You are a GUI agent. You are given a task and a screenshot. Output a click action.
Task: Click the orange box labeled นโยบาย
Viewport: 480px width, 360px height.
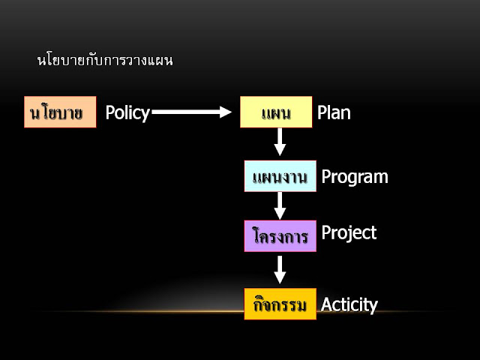[x=60, y=112]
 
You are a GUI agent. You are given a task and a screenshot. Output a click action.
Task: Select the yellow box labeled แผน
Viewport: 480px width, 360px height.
[x=276, y=112]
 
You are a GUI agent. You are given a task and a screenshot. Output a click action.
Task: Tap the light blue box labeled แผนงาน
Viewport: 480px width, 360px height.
[x=280, y=176]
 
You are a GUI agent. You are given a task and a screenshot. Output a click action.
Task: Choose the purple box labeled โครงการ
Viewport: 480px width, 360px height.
[x=280, y=235]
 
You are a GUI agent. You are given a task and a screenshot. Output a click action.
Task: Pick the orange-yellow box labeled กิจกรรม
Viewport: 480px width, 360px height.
[x=280, y=304]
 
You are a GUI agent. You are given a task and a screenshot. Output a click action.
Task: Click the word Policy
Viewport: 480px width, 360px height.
[x=127, y=112]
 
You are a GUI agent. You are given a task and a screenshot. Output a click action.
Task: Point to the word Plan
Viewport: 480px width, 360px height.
[x=334, y=112]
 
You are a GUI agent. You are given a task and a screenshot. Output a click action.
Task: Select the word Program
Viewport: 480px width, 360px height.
[x=355, y=177]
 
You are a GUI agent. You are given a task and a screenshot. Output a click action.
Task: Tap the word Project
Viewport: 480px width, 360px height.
[x=349, y=232]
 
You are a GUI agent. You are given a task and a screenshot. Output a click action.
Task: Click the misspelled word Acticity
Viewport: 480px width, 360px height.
[x=349, y=304]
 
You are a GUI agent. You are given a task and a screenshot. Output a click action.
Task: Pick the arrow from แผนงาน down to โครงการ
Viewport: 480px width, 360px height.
[x=280, y=205]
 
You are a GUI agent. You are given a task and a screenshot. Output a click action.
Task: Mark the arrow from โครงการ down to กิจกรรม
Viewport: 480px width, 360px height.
[x=280, y=269]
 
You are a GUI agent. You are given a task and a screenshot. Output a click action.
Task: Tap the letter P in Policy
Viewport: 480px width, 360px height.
[x=110, y=112]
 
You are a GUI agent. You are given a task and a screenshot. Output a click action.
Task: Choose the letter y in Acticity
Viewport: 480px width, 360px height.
[x=373, y=307]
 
